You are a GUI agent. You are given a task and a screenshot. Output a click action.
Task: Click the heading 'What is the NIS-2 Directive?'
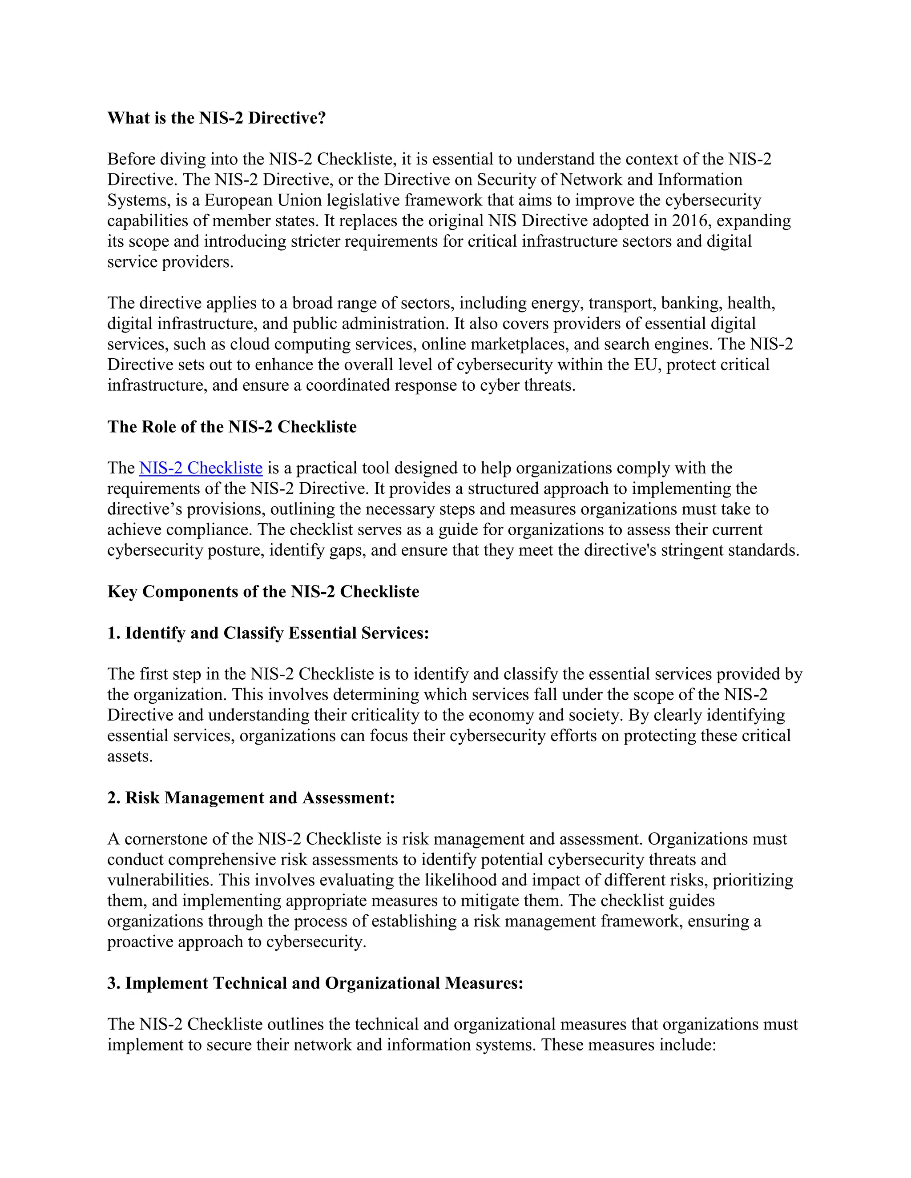click(x=217, y=118)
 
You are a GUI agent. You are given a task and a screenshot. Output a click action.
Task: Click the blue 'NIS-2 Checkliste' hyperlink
click(x=201, y=468)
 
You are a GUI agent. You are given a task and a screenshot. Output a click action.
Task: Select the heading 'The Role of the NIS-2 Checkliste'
click(x=232, y=427)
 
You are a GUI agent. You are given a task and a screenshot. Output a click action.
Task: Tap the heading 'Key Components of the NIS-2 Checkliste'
click(x=263, y=591)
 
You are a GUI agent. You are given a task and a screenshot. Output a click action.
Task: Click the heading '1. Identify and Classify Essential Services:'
click(x=268, y=633)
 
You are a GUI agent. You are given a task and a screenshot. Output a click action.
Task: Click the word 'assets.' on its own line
click(x=130, y=756)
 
